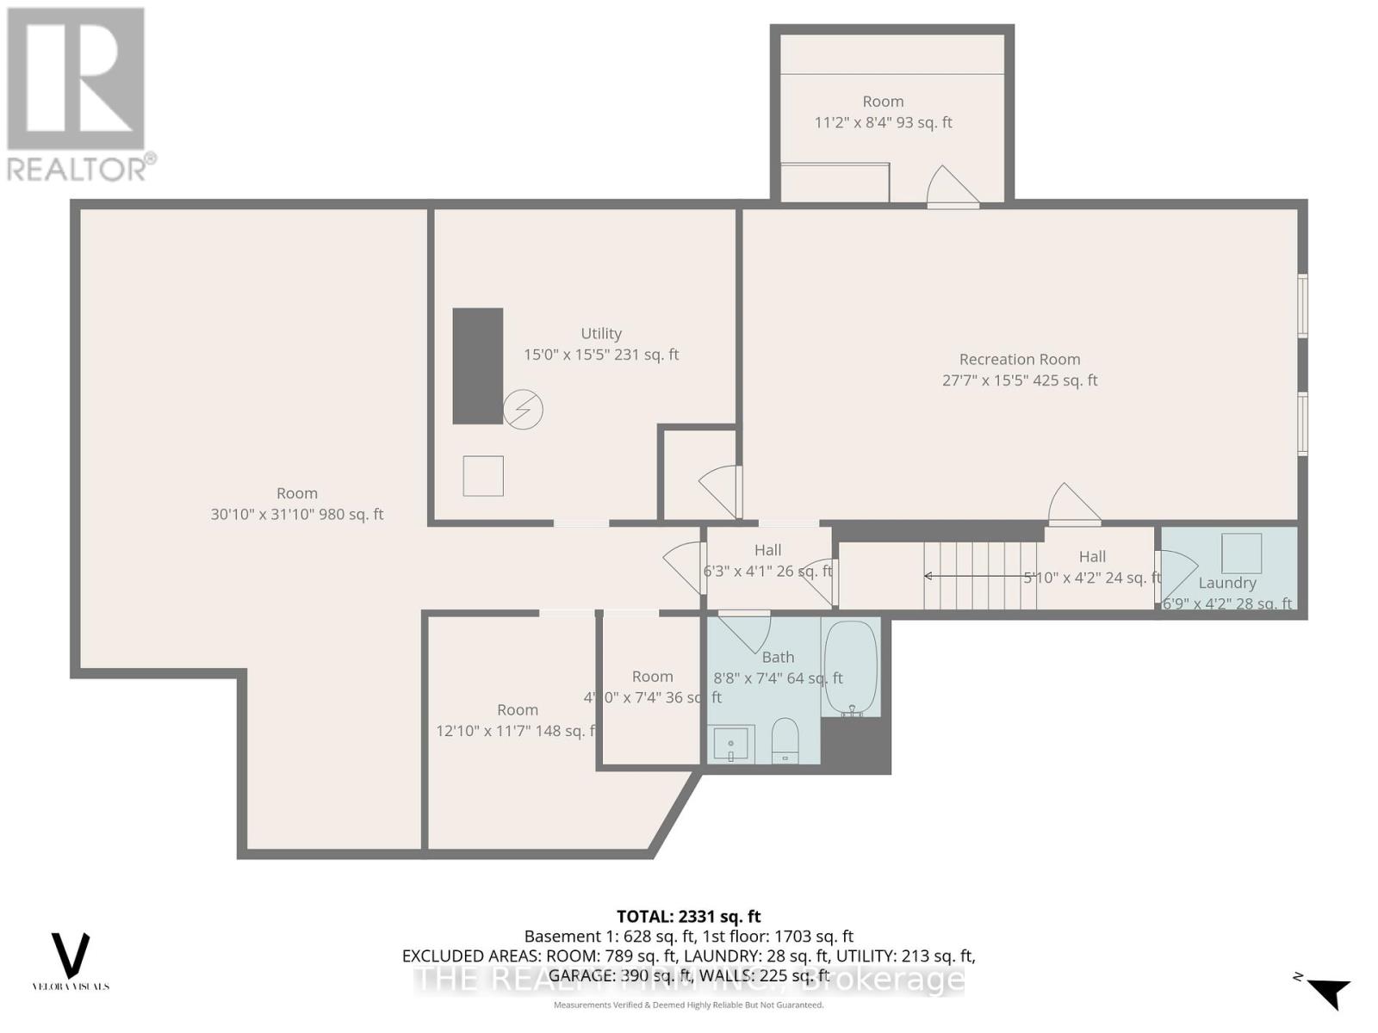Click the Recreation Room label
pyautogui.click(x=1020, y=360)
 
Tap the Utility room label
pyautogui.click(x=601, y=334)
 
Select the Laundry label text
pyautogui.click(x=1227, y=583)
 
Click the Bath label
pyautogui.click(x=778, y=658)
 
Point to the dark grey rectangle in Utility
pyautogui.click(x=478, y=366)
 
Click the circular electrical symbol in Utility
pyautogui.click(x=523, y=410)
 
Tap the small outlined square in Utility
pyautogui.click(x=483, y=476)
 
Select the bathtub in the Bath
pyautogui.click(x=850, y=668)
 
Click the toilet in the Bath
pyautogui.click(x=785, y=740)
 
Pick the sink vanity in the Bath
pyautogui.click(x=731, y=743)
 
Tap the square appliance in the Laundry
pyautogui.click(x=1241, y=553)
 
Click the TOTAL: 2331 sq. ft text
pyautogui.click(x=688, y=917)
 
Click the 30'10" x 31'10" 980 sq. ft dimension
pyautogui.click(x=297, y=515)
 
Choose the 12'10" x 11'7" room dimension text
pyautogui.click(x=515, y=731)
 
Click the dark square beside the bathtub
pyautogui.click(x=855, y=745)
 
